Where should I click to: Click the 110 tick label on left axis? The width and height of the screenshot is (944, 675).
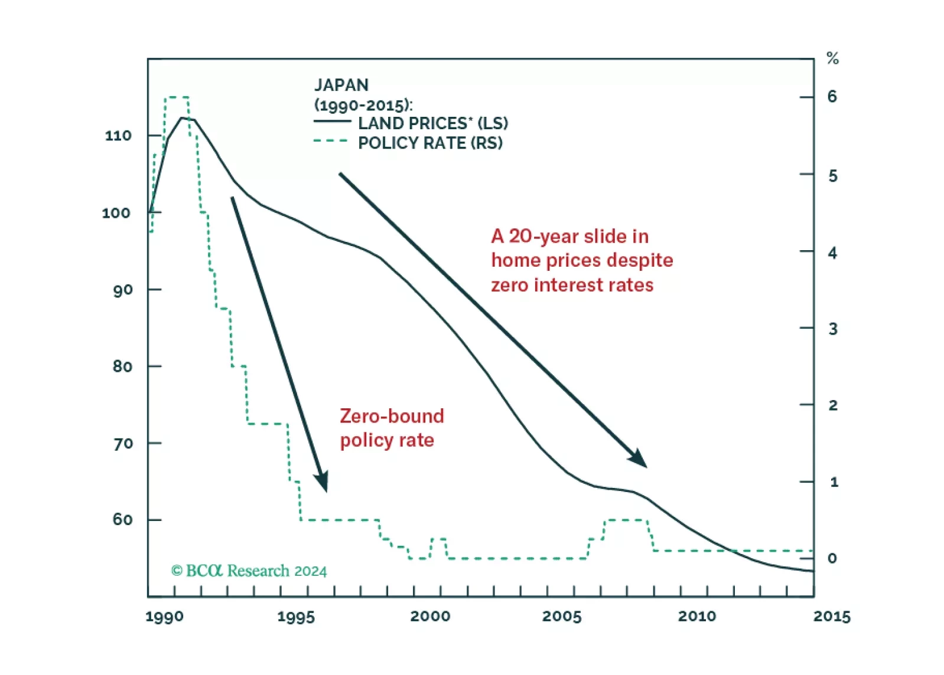(118, 136)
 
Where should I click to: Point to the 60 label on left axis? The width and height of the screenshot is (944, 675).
(122, 520)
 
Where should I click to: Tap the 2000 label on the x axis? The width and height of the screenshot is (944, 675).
(430, 617)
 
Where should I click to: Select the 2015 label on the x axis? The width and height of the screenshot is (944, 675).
(832, 617)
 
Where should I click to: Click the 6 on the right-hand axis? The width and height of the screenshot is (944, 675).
(832, 97)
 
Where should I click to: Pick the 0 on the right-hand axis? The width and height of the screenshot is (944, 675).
(832, 558)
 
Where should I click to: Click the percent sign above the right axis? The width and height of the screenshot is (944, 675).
(832, 58)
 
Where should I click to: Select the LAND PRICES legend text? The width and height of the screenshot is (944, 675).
(432, 123)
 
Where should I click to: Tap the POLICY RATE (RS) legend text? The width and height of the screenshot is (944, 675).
(430, 143)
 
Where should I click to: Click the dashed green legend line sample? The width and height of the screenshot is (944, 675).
(331, 141)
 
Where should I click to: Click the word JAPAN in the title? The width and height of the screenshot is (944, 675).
(341, 86)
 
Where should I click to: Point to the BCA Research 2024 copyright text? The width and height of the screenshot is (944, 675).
(249, 571)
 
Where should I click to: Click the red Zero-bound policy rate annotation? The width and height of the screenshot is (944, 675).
(391, 428)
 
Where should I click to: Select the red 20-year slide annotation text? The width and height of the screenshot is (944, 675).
(581, 261)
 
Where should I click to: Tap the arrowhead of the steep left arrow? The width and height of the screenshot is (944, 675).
(323, 483)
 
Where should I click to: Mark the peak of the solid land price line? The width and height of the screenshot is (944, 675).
(183, 118)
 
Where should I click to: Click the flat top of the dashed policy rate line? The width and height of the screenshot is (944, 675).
(177, 97)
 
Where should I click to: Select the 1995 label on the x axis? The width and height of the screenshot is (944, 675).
(296, 617)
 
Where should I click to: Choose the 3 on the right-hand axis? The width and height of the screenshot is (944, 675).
(832, 329)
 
